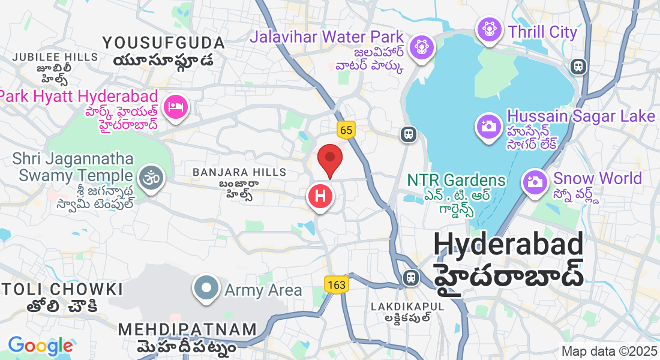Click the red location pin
pos(329,160)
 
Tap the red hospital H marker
pos(320,196)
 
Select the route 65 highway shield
pos(346,130)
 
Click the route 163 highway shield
pos(337,284)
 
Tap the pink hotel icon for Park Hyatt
pos(176,107)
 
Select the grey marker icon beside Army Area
pos(206,288)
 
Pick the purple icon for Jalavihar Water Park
pos(419,45)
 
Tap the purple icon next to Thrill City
pos(490,28)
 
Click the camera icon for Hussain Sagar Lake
pos(489,126)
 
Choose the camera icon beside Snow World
pos(535,181)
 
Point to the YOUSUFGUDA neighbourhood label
pos(163,43)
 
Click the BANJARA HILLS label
pos(239,172)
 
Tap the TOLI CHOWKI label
pos(62,289)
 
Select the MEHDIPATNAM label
pos(187,329)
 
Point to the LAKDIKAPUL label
pos(407,307)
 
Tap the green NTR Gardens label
pos(456,180)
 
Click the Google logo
pos(40,345)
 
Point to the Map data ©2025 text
pos(608,351)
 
